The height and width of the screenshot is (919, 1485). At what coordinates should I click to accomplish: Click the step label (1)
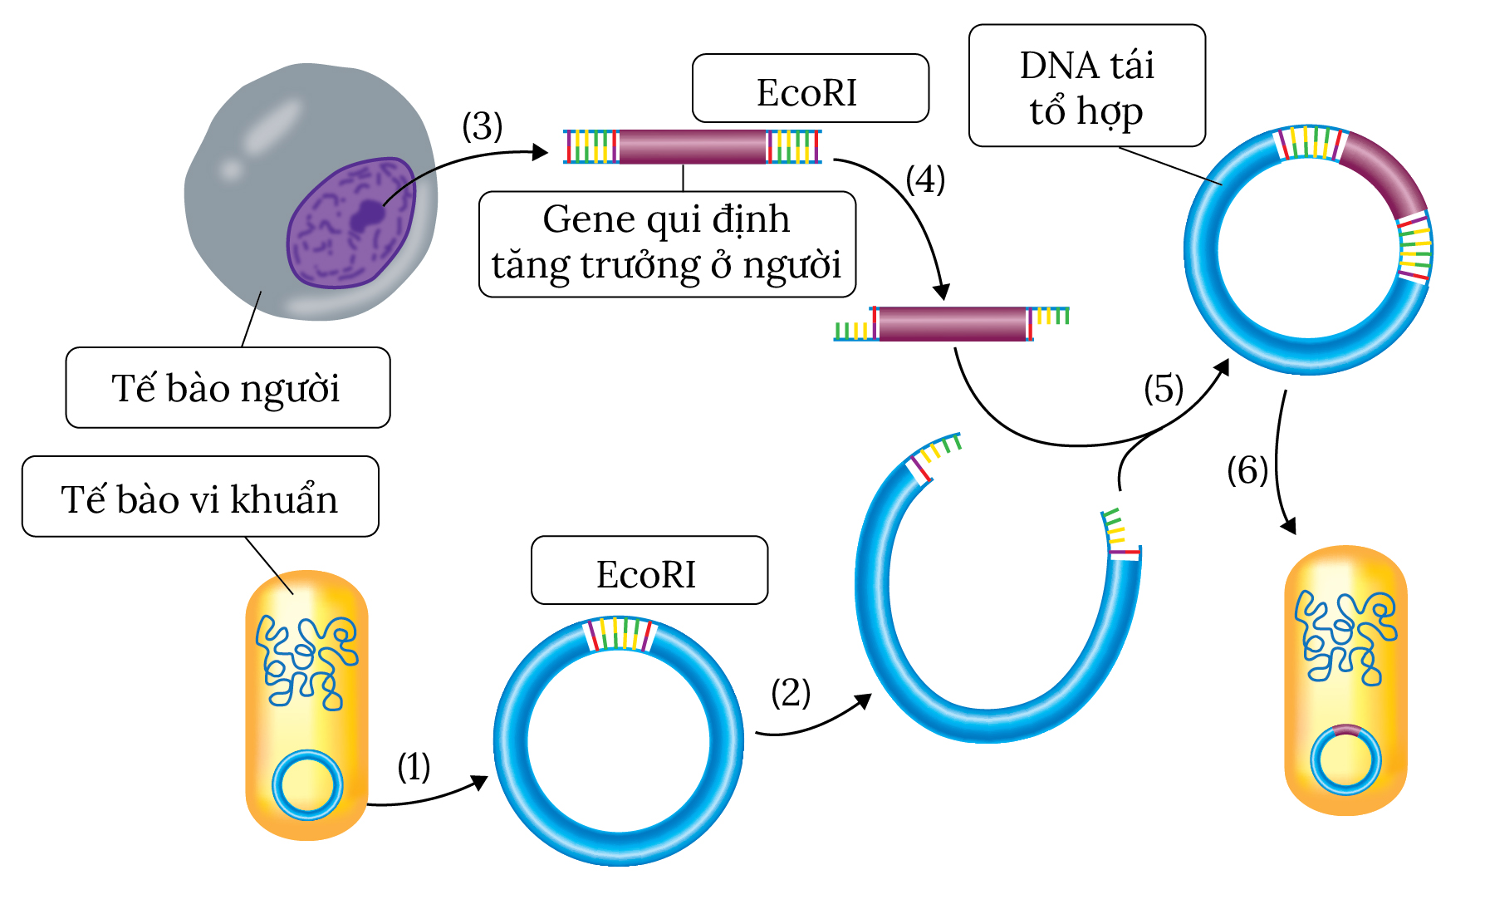tap(414, 766)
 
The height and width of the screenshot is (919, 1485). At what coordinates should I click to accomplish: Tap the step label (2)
tap(790, 692)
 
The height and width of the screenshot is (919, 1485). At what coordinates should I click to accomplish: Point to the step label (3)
tap(482, 126)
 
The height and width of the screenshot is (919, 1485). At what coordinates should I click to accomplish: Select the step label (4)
tap(925, 179)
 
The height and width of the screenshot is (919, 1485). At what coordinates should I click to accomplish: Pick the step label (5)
tap(1163, 389)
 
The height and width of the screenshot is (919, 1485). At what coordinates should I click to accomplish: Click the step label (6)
tap(1247, 470)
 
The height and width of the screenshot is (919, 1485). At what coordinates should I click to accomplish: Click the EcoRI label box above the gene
tap(810, 89)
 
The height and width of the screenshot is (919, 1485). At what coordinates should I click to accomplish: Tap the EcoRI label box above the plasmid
tap(649, 571)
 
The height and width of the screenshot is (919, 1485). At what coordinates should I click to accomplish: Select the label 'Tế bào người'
tap(227, 388)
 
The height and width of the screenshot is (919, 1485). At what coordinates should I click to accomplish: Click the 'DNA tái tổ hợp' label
tap(1086, 86)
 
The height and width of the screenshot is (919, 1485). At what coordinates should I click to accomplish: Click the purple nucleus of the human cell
tap(351, 224)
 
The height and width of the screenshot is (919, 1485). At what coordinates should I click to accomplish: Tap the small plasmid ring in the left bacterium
tap(307, 785)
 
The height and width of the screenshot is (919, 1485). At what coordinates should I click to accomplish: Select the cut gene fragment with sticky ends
tap(952, 324)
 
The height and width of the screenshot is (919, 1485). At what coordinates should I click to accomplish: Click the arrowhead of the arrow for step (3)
tap(541, 152)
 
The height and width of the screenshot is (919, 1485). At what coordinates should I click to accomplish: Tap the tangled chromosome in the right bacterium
tap(1345, 636)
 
